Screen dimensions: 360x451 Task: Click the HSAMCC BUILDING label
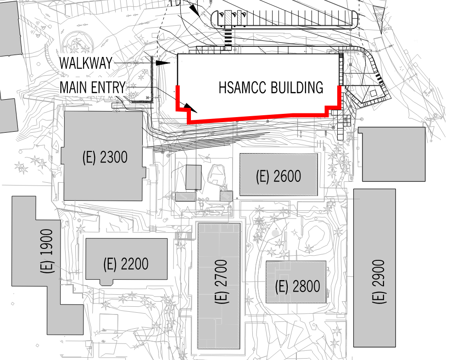pyautogui.click(x=271, y=87)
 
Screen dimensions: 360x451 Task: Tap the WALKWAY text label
pyautogui.click(x=86, y=63)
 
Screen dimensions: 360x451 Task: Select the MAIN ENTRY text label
pyautogui.click(x=92, y=87)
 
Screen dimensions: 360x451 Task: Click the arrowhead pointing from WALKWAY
pyautogui.click(x=162, y=63)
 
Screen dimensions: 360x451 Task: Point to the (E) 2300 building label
pyautogui.click(x=105, y=157)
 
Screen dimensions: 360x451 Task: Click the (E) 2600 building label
pyautogui.click(x=278, y=176)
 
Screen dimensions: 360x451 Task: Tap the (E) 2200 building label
pyautogui.click(x=126, y=264)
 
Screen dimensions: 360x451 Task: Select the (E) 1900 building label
pyautogui.click(x=47, y=251)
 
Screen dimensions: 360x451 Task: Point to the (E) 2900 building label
pyautogui.click(x=379, y=282)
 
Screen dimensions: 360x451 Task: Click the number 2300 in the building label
pyautogui.click(x=113, y=157)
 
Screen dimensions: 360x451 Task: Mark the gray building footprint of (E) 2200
pyautogui.click(x=126, y=248)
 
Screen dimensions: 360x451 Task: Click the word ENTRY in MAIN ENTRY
pyautogui.click(x=109, y=87)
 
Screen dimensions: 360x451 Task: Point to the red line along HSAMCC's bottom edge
pyautogui.click(x=257, y=117)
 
